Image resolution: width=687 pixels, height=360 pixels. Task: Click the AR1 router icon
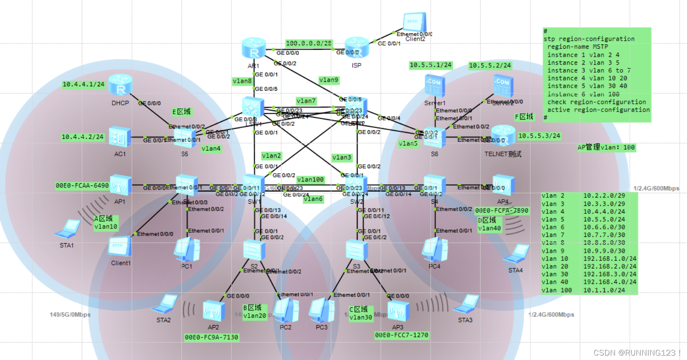254,48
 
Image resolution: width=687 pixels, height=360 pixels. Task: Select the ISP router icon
356,48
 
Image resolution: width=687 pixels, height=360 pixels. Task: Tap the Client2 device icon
415,23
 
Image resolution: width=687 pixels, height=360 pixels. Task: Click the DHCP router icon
120,85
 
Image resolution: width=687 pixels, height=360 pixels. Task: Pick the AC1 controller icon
120,137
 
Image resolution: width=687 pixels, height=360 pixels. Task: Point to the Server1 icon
434,85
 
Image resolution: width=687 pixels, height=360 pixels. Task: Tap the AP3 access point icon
398,311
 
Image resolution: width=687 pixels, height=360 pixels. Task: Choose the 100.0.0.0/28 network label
309,43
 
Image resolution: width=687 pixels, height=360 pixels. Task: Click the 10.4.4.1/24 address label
83,84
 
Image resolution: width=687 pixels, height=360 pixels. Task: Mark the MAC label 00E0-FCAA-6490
82,186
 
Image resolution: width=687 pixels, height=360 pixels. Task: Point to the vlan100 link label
310,179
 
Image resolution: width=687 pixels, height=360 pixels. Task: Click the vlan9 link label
328,80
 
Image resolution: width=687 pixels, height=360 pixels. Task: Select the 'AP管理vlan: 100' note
606,147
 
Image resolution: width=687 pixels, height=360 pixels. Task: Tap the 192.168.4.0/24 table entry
610,282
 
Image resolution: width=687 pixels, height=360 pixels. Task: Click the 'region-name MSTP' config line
577,46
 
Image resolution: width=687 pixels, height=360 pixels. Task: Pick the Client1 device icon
120,247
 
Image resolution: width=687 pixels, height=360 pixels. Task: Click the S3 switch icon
356,250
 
